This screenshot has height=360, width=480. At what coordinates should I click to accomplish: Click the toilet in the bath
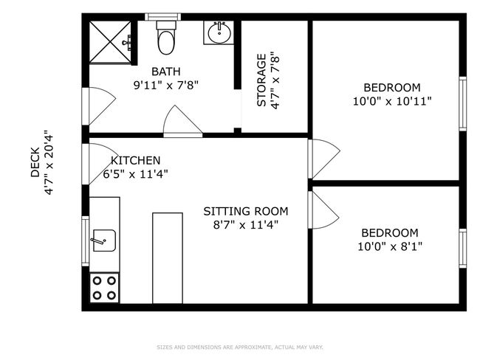coord(166,38)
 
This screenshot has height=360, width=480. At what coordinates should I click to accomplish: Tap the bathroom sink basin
coord(219,32)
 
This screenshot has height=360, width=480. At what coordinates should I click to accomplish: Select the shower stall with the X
coord(110,42)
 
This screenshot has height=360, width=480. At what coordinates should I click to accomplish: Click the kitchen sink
coord(104,240)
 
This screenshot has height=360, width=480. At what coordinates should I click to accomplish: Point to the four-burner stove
coord(104,288)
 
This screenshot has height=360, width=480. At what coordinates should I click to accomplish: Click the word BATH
coord(166,72)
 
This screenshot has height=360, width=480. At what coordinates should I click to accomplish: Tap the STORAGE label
coord(261,80)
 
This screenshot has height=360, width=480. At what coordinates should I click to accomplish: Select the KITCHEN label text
coord(135,161)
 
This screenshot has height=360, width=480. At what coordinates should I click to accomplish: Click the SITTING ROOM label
coord(246,211)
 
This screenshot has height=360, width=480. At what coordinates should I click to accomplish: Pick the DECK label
coord(35,162)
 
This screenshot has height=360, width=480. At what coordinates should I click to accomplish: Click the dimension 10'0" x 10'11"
coord(392,101)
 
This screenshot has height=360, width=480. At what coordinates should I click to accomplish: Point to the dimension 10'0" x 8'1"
coord(390,246)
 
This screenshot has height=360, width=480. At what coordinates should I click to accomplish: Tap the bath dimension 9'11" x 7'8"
coord(166,85)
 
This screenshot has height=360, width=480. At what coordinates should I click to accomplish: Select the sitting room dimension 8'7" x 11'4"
coord(245,225)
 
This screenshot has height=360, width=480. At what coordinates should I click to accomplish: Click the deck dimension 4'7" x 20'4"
coord(49,162)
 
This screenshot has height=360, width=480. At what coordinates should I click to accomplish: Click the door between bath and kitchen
coord(182,121)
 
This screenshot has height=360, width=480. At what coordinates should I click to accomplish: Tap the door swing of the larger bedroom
coord(324,159)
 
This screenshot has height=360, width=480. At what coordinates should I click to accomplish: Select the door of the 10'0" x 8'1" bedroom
coord(323,210)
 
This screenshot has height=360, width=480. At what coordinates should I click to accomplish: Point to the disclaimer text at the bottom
coord(240,347)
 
